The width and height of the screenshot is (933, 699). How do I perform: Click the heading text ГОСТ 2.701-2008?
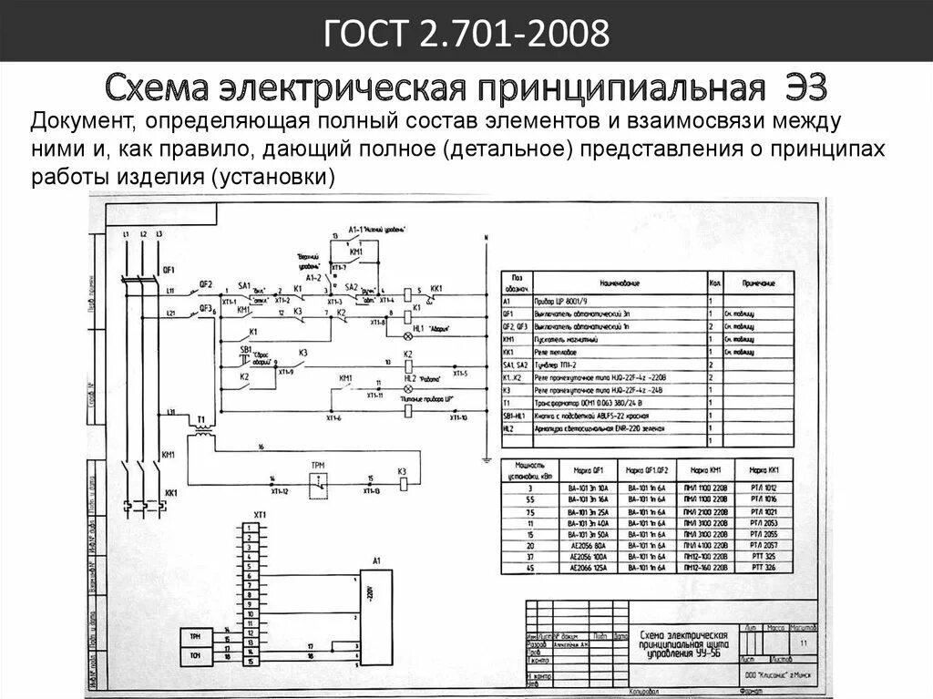click(x=466, y=36)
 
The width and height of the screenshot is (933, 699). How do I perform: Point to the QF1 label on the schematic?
click(x=168, y=271)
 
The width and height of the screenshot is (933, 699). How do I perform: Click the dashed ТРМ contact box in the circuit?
click(x=318, y=486)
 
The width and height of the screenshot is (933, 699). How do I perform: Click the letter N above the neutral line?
click(x=487, y=239)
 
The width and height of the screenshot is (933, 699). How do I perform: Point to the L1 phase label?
click(x=126, y=235)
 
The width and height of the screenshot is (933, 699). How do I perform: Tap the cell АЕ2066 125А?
click(x=588, y=568)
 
